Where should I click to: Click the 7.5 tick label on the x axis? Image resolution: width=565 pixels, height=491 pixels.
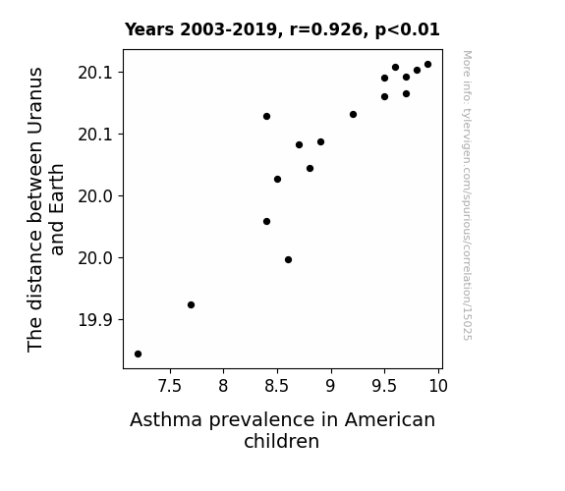pos(169,386)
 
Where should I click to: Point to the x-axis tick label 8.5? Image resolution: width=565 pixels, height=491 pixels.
pos(277,386)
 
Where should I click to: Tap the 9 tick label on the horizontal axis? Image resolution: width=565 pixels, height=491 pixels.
pos(330,386)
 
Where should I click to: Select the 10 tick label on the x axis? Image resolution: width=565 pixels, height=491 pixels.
pos(438,386)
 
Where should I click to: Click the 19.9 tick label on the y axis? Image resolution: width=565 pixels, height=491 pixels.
pos(94,319)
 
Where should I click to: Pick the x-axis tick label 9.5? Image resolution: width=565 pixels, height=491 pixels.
pos(384,386)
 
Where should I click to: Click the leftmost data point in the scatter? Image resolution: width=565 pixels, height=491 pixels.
pos(138,354)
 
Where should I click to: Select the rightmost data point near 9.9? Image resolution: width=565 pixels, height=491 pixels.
pos(427,65)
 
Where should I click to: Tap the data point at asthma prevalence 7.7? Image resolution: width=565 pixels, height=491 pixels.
pos(191,304)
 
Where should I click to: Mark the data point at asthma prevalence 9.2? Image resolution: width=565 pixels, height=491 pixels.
pos(353,114)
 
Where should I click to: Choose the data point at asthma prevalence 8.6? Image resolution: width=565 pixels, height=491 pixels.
pos(288,259)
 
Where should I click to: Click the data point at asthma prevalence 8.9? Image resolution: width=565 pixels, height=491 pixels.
pos(320,141)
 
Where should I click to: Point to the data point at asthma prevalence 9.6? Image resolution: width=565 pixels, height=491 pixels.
pos(395,67)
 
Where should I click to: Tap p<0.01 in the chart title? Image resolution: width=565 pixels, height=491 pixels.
pos(408,30)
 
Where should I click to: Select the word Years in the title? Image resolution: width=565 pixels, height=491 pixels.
pos(149,29)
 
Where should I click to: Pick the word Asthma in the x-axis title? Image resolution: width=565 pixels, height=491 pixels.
pos(166,419)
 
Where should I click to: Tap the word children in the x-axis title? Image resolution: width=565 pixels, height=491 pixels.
pos(281,441)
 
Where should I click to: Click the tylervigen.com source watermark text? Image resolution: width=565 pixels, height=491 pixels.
pos(468,195)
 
